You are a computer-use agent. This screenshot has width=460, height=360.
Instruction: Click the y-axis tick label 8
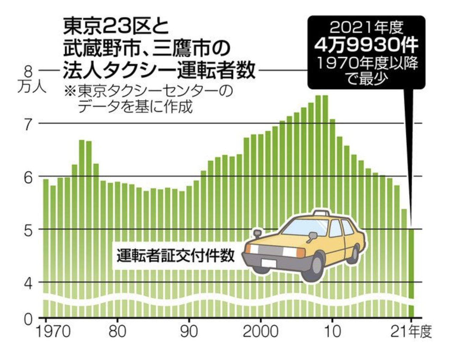point(28,71)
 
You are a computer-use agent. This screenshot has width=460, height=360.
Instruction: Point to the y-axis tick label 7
point(29,124)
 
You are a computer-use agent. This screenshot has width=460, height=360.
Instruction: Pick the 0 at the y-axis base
point(29,319)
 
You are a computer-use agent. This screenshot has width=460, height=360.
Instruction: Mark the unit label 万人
point(32,87)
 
